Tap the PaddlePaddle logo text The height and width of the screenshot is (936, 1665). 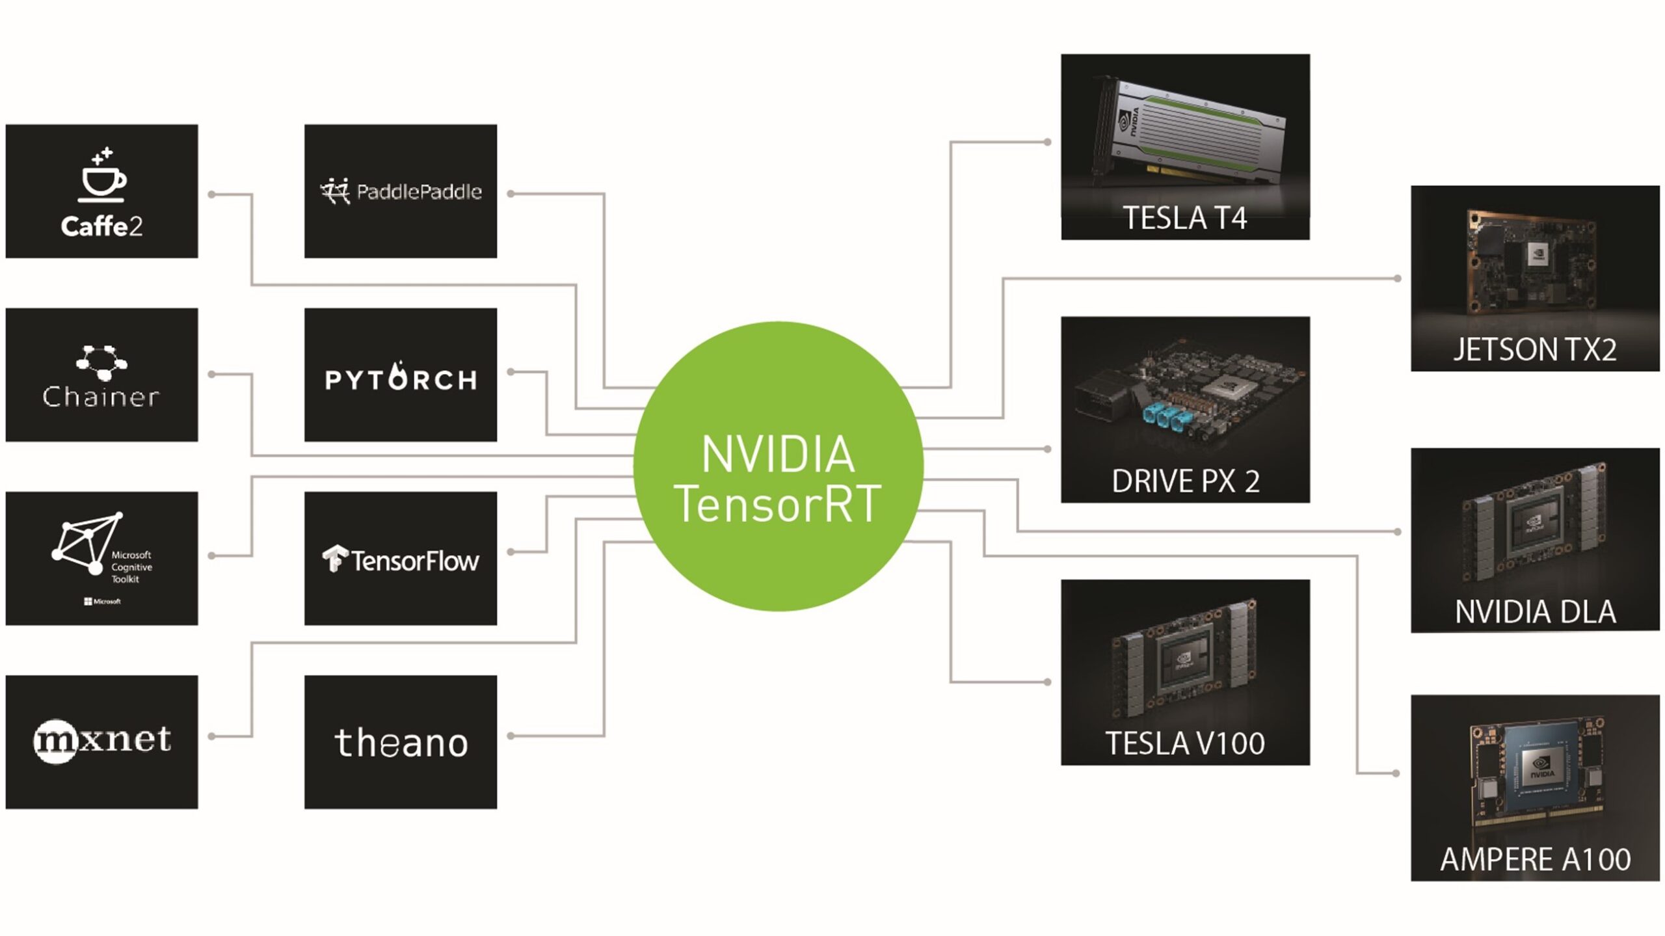click(x=419, y=192)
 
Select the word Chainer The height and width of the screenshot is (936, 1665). click(x=101, y=396)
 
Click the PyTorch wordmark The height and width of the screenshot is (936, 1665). click(x=401, y=380)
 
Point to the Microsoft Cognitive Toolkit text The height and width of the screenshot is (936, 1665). click(x=131, y=567)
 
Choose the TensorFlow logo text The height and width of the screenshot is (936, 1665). click(x=414, y=561)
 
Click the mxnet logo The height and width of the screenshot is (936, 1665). click(x=102, y=740)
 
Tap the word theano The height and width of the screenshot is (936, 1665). click(x=401, y=743)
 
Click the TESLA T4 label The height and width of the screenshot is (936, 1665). click(x=1184, y=219)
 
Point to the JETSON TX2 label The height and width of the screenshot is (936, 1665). click(x=1534, y=350)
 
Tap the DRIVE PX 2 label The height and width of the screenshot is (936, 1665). click(x=1185, y=481)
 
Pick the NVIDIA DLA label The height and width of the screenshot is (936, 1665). click(x=1535, y=612)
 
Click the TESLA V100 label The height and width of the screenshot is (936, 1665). click(x=1185, y=743)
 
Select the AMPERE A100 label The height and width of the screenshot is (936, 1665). click(x=1535, y=860)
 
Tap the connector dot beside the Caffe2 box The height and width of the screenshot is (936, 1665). click(x=211, y=194)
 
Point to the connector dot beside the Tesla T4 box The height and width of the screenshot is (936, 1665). click(x=1047, y=142)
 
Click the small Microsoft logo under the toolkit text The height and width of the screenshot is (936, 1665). click(x=102, y=601)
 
